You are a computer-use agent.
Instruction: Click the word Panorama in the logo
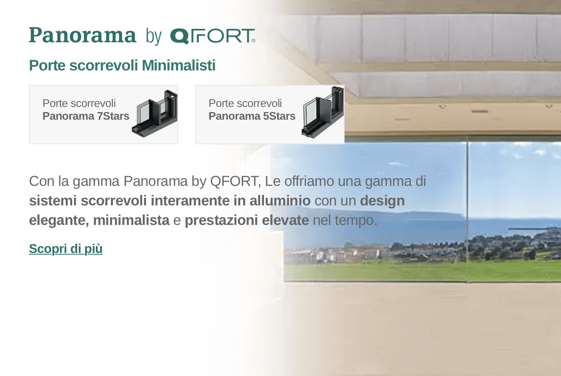click(83, 35)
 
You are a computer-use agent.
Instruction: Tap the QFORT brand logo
click(213, 36)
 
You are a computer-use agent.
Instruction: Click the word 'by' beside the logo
click(154, 36)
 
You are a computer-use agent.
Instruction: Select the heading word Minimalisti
click(179, 65)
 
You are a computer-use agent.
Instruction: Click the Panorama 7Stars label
click(86, 116)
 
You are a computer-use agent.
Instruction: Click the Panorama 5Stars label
click(252, 116)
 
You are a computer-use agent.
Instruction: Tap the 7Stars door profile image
click(155, 113)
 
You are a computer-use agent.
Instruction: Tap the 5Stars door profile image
click(323, 112)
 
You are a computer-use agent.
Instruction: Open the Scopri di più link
click(66, 249)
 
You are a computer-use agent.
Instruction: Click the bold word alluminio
click(280, 201)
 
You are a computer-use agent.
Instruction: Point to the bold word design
click(382, 201)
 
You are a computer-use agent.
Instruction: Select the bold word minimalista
click(131, 220)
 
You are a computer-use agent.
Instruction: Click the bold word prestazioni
click(222, 221)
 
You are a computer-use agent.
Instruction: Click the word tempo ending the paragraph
click(356, 221)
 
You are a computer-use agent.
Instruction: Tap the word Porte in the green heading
click(48, 65)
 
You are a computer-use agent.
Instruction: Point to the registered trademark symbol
click(253, 41)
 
